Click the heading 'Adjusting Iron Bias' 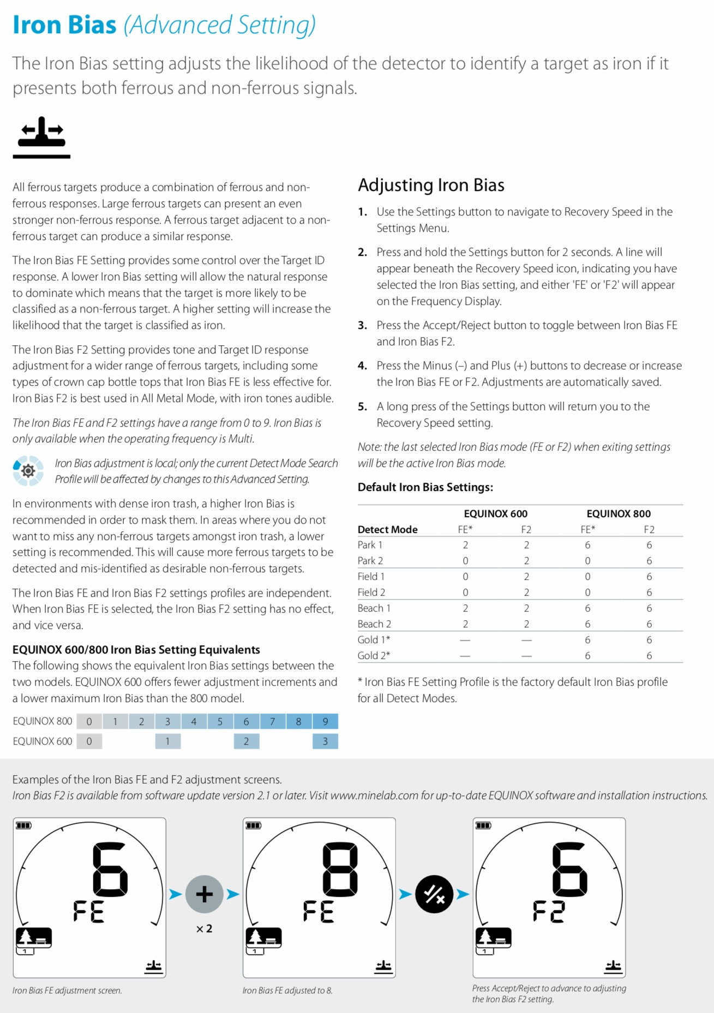(x=431, y=185)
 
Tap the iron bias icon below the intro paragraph (x=41, y=137)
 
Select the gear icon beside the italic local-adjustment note (x=28, y=470)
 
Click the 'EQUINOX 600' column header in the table (x=495, y=513)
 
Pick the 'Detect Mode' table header (x=387, y=529)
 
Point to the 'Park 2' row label (x=370, y=560)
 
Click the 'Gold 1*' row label (x=374, y=639)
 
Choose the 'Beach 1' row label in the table (x=374, y=608)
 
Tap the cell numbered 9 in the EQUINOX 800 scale (x=325, y=721)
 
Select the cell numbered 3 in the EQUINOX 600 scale (x=325, y=741)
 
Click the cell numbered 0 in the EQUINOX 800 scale (x=89, y=721)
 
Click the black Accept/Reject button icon (x=434, y=894)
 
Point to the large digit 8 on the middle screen (x=340, y=869)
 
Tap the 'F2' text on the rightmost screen (x=549, y=912)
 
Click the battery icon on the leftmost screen (x=23, y=825)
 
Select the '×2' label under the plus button (x=204, y=928)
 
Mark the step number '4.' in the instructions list (x=362, y=365)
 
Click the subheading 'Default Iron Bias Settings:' (x=425, y=487)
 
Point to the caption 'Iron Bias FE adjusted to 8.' (x=287, y=990)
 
